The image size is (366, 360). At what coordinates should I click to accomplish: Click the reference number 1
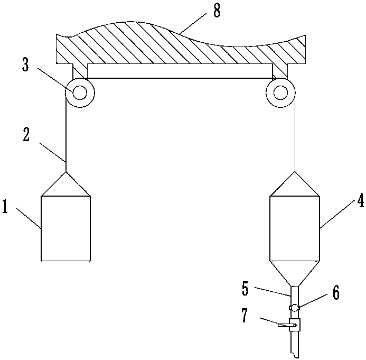[5, 206]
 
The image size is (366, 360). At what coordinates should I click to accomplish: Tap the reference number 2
[26, 135]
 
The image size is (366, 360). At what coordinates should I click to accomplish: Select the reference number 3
[25, 64]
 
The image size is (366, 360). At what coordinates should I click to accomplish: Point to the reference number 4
[361, 200]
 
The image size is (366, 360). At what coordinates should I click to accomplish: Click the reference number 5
[245, 289]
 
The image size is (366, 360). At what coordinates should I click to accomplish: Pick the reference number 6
[336, 292]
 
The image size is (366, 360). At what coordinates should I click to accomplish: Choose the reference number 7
[244, 316]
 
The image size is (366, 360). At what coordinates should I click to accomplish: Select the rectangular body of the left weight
[66, 228]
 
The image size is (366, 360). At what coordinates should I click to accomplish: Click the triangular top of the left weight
[66, 184]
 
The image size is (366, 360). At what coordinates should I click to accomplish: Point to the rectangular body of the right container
[295, 228]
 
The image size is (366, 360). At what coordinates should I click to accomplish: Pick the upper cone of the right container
[295, 184]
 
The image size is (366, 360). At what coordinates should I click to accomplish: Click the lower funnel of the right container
[295, 273]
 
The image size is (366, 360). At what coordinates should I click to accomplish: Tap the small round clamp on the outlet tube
[295, 308]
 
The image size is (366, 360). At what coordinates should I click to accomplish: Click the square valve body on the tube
[295, 325]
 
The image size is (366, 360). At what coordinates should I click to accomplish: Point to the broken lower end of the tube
[295, 356]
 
